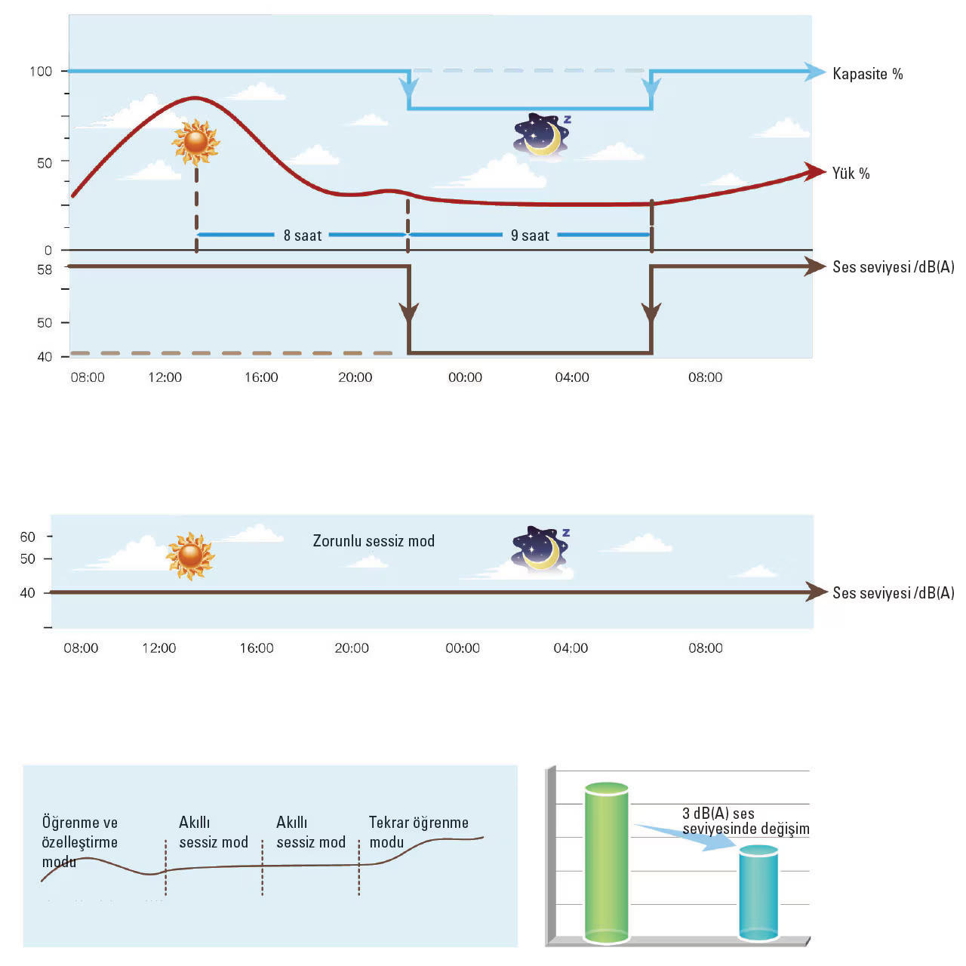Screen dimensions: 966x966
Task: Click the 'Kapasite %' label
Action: pos(867,74)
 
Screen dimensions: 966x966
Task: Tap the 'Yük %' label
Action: pos(851,174)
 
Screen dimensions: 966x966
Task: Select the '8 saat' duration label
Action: pos(303,235)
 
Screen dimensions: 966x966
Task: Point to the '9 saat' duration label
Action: pos(530,235)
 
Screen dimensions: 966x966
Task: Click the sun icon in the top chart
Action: pos(195,142)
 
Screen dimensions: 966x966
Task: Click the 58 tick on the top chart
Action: pos(45,269)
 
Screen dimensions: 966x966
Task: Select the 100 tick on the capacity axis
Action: pos(41,72)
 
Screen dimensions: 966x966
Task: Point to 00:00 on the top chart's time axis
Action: pos(465,377)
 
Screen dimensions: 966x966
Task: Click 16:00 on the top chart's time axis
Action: pos(261,377)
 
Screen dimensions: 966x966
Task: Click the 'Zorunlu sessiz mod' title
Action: pos(374,541)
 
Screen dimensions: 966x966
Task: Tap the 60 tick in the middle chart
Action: pos(28,537)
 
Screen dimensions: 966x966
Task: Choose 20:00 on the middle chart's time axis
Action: pos(352,648)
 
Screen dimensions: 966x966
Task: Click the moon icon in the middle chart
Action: pos(540,549)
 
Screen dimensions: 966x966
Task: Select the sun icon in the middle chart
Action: pos(190,555)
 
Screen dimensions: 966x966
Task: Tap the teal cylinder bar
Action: pos(758,893)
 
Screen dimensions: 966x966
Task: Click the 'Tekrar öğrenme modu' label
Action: pos(418,832)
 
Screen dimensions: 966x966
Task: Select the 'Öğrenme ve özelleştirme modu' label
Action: pos(79,842)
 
